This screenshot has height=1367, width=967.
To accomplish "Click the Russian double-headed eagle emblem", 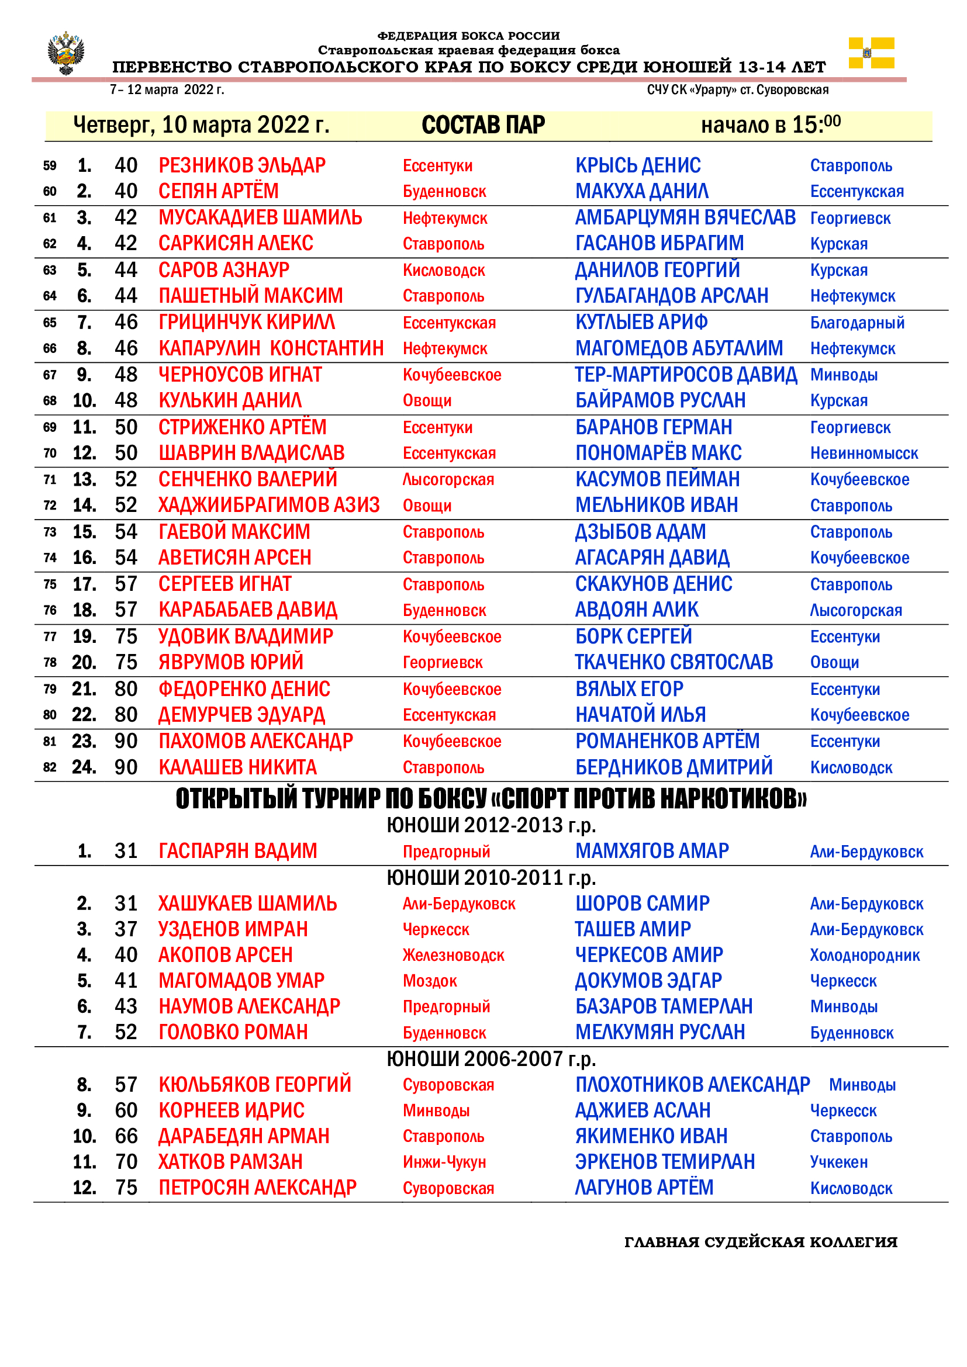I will click(65, 53).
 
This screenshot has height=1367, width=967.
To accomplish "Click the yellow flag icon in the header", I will click(871, 53).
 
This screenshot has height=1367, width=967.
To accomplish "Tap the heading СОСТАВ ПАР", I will click(483, 125).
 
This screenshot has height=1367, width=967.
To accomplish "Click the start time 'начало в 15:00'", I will click(771, 124).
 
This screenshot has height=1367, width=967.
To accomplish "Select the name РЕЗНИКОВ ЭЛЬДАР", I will click(242, 165).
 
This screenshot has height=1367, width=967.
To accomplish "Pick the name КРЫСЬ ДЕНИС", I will click(638, 165).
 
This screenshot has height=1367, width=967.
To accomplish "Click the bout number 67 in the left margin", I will click(50, 375).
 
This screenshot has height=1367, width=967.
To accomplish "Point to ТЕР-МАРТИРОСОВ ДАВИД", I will click(685, 375).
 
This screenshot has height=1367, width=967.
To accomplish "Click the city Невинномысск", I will click(864, 454).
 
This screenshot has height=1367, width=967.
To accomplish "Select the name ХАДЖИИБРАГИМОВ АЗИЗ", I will click(269, 506).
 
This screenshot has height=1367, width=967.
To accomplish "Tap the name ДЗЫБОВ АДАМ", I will click(640, 532).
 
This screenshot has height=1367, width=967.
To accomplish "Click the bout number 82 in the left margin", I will click(50, 767).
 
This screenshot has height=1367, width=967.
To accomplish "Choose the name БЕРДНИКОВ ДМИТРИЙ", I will click(674, 767).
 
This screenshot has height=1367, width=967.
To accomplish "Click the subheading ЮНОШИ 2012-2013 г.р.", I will click(491, 825).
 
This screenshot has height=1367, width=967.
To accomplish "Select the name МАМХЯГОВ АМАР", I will click(652, 851).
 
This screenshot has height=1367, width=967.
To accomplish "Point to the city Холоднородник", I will click(865, 956).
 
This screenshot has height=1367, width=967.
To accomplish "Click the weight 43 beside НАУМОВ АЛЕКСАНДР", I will click(126, 1007).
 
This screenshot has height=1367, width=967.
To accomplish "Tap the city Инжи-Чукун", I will click(444, 1162).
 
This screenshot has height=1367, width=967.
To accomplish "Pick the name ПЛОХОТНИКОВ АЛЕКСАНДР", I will click(692, 1085).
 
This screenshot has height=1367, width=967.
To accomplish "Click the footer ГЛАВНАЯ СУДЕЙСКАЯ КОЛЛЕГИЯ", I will click(761, 1243).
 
